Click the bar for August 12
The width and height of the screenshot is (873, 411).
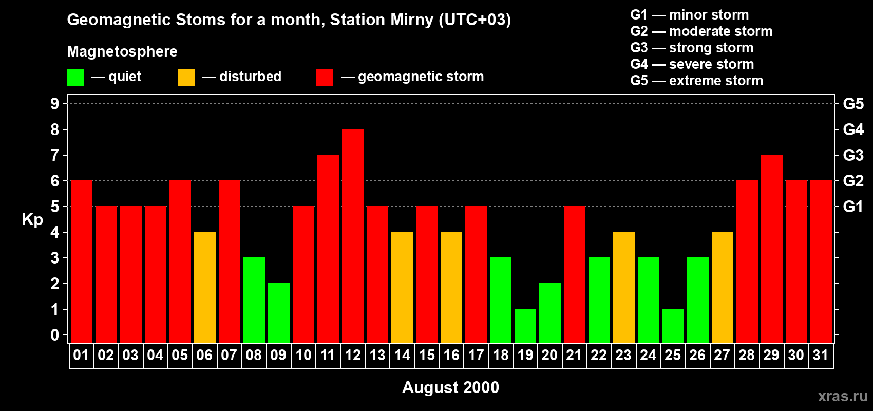click(x=353, y=236)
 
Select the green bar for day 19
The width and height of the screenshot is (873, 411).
click(x=525, y=326)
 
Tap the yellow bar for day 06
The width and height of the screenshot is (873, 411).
click(x=205, y=287)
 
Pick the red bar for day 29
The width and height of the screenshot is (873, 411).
click(x=772, y=249)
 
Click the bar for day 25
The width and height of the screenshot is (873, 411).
click(x=673, y=326)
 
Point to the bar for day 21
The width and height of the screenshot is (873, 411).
click(x=575, y=274)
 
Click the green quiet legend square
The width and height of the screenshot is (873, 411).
click(x=75, y=78)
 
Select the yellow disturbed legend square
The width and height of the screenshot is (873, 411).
click(x=186, y=78)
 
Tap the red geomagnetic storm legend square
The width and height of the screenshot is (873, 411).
click(x=325, y=78)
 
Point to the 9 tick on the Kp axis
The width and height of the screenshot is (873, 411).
click(x=55, y=104)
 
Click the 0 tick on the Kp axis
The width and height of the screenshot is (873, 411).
click(x=55, y=335)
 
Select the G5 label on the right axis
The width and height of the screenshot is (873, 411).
click(x=853, y=104)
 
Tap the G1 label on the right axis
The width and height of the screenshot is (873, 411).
click(x=853, y=207)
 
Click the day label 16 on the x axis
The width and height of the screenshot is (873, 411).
click(x=451, y=356)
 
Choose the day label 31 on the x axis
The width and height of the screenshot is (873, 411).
click(x=821, y=356)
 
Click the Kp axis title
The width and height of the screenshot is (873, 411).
click(x=32, y=220)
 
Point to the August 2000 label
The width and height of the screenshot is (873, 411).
click(x=450, y=387)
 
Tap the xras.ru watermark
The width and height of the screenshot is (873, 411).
click(x=843, y=396)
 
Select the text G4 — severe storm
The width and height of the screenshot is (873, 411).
click(x=692, y=64)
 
